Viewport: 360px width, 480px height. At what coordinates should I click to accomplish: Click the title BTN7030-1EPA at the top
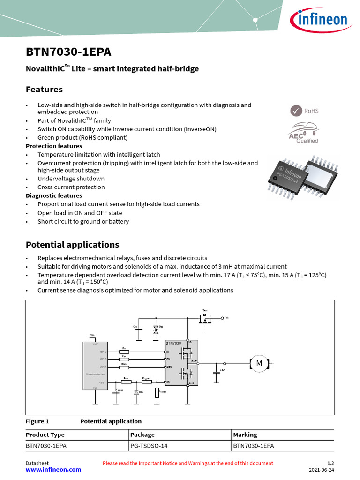pyautogui.click(x=68, y=52)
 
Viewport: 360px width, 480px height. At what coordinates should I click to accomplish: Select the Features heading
pyautogui.click(x=44, y=89)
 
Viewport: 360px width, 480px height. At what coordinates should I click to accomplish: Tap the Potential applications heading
pyautogui.click(x=72, y=245)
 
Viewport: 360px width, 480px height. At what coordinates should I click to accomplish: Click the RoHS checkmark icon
pyautogui.click(x=296, y=111)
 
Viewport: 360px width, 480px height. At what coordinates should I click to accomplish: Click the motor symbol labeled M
pyautogui.click(x=258, y=363)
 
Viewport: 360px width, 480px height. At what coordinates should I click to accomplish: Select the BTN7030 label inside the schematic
pyautogui.click(x=173, y=343)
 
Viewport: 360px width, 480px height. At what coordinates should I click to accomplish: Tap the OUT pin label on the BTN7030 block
pyautogui.click(x=194, y=361)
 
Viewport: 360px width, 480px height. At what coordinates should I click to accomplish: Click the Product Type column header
pyautogui.click(x=45, y=435)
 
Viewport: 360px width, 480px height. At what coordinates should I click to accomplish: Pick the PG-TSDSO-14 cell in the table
pyautogui.click(x=149, y=446)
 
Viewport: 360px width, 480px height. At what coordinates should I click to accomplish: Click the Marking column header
pyautogui.click(x=245, y=435)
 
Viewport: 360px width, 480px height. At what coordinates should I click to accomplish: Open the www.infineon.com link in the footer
pyautogui.click(x=53, y=469)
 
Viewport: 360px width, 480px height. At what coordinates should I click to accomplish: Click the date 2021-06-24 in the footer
pyautogui.click(x=322, y=470)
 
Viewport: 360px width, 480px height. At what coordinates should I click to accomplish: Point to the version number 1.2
pyautogui.click(x=330, y=463)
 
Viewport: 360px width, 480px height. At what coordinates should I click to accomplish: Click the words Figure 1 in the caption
pyautogui.click(x=37, y=421)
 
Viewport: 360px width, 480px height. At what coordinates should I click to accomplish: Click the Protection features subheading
pyautogui.click(x=54, y=146)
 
